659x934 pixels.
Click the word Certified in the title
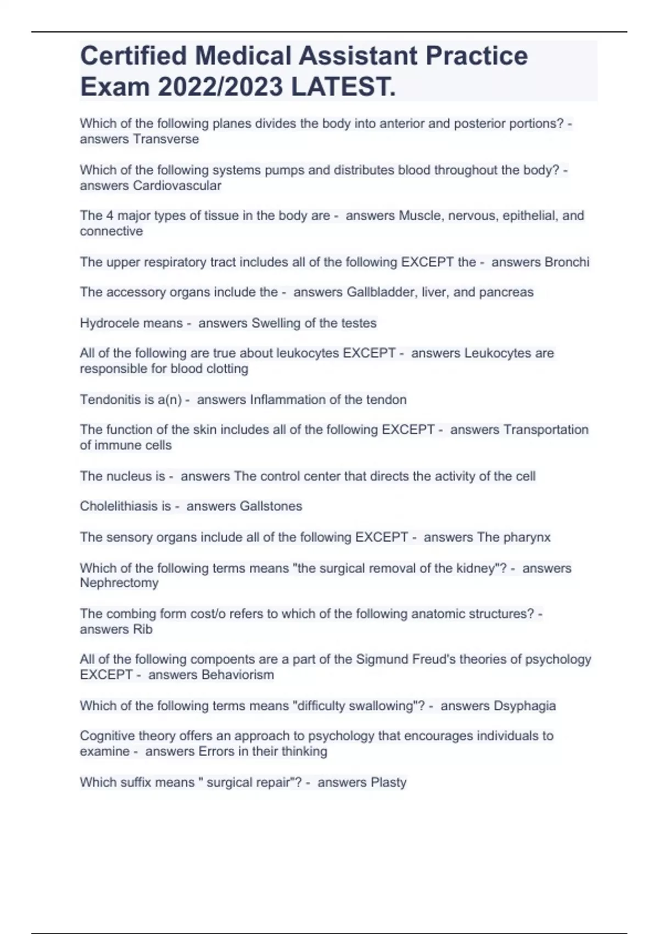[133, 56]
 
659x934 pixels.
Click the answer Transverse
[166, 139]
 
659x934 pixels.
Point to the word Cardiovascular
[177, 186]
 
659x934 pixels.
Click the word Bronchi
[567, 262]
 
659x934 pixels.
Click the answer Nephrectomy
[119, 583]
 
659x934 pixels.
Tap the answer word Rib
[143, 630]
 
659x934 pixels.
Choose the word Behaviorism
[238, 675]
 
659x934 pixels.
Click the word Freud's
[418, 659]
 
